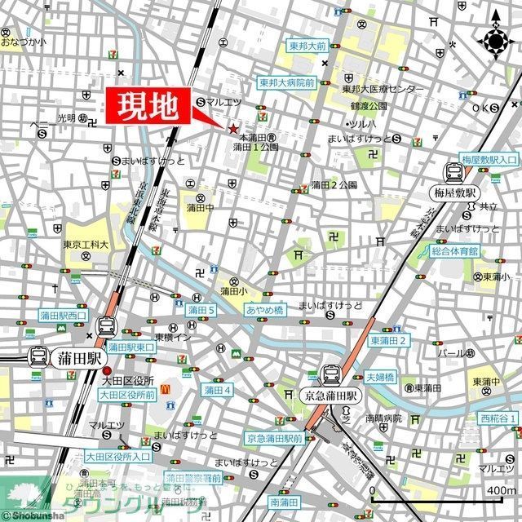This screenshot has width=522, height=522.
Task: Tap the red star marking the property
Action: click(x=234, y=129)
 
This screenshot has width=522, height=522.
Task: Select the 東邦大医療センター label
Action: click(x=383, y=89)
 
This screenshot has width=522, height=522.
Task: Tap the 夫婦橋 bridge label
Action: click(x=380, y=377)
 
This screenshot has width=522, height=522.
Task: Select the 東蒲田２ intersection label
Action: click(x=388, y=340)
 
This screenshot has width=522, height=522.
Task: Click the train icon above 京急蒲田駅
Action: click(x=332, y=374)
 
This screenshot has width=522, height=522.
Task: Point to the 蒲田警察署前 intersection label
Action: click(x=193, y=477)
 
